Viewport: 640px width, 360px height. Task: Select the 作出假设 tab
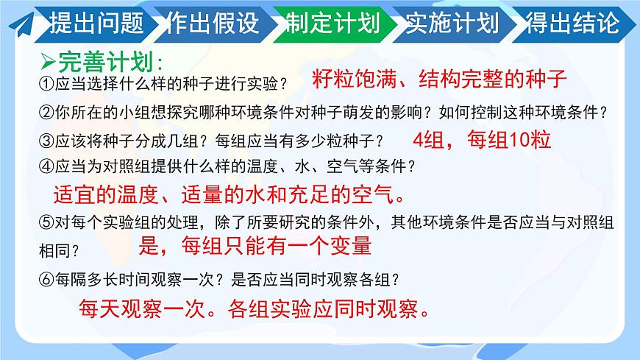pyautogui.click(x=213, y=24)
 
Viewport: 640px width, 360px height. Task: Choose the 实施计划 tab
pyautogui.click(x=452, y=24)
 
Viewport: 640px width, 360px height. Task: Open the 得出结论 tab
pyautogui.click(x=572, y=24)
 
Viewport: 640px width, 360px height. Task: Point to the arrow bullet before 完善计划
pyautogui.click(x=46, y=60)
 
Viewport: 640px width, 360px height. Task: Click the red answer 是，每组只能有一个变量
pyautogui.click(x=255, y=246)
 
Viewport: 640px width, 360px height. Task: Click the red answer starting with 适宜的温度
pyautogui.click(x=229, y=194)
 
